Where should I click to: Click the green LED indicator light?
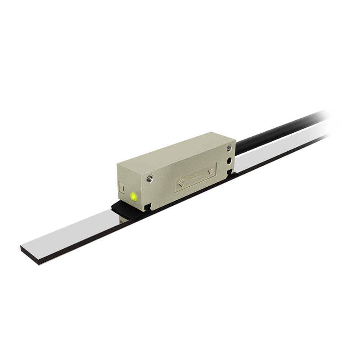pyautogui.click(x=134, y=196)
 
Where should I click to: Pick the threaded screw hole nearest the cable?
pyautogui.click(x=230, y=148)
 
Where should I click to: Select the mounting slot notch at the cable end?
pyautogui.click(x=230, y=171)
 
